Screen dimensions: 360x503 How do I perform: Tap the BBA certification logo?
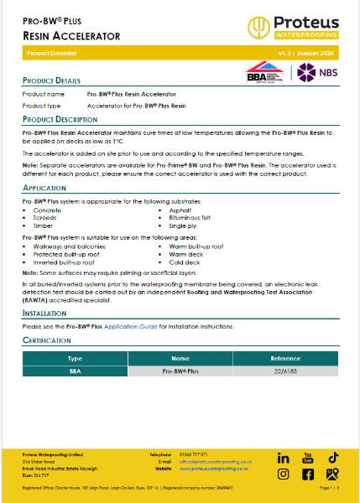click(x=262, y=72)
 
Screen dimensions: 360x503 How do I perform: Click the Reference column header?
click(x=285, y=358)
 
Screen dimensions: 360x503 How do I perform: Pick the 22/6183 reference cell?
click(x=285, y=371)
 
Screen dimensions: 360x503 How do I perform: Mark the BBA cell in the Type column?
click(x=75, y=371)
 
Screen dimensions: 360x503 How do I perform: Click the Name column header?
click(x=180, y=358)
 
